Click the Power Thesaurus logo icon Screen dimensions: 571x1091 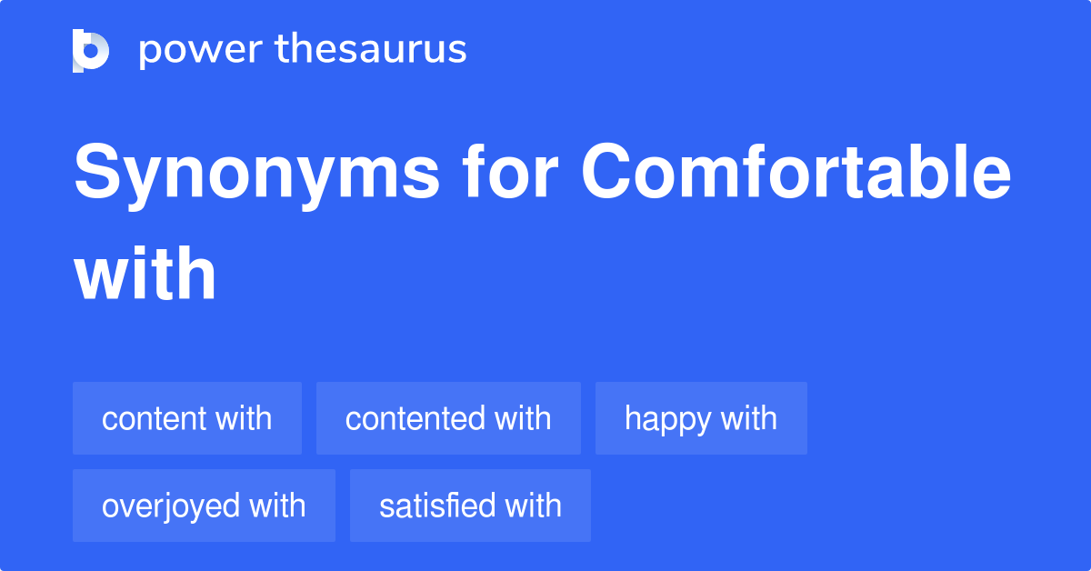point(91,50)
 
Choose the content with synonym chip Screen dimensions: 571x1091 point(186,418)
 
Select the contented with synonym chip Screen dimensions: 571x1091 point(448,418)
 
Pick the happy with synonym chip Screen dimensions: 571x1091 point(701,418)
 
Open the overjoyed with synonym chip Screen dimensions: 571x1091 point(204,506)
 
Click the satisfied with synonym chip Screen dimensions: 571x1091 point(470,506)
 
